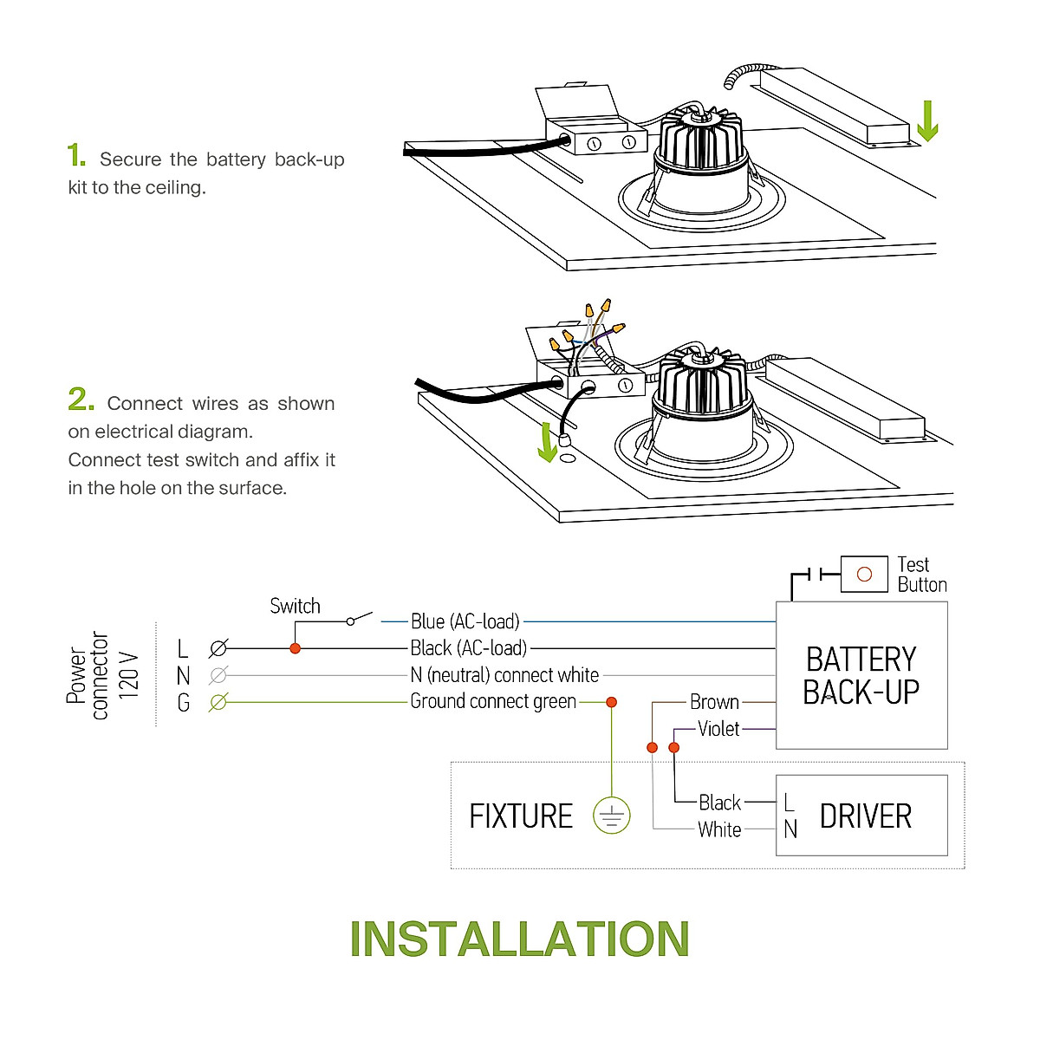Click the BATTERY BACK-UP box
click(x=861, y=676)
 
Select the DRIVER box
click(x=861, y=816)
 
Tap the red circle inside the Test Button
click(x=864, y=575)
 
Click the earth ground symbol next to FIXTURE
click(x=612, y=816)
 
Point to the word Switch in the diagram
click(x=295, y=606)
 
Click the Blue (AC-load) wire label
click(x=465, y=621)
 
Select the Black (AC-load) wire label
click(x=469, y=648)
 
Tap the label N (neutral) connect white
click(x=504, y=675)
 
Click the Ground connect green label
click(x=493, y=701)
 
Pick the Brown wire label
click(x=714, y=702)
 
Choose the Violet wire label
click(x=718, y=729)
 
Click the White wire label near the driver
click(x=719, y=829)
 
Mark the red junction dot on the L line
click(x=295, y=648)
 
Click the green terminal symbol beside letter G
click(x=218, y=702)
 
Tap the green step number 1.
click(x=76, y=156)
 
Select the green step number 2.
click(x=81, y=400)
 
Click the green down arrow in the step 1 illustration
click(x=927, y=121)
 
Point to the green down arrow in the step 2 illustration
click(x=547, y=442)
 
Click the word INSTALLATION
click(x=519, y=939)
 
